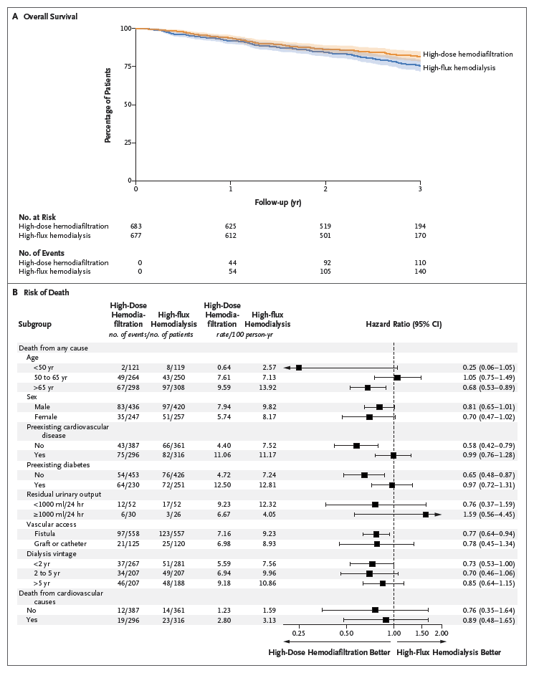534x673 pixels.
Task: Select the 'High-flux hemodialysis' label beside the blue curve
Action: click(x=459, y=67)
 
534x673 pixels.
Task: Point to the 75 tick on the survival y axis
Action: click(x=126, y=66)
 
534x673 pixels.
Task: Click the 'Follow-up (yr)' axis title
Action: click(x=277, y=202)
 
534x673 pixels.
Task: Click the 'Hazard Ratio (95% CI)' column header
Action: click(x=405, y=324)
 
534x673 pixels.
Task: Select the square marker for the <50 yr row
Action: click(x=298, y=368)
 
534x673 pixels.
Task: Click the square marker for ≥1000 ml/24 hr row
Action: click(x=426, y=515)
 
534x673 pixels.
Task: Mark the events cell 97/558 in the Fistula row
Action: click(x=129, y=534)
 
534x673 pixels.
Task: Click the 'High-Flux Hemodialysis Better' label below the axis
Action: click(x=448, y=652)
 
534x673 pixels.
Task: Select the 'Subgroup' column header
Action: click(x=35, y=324)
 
